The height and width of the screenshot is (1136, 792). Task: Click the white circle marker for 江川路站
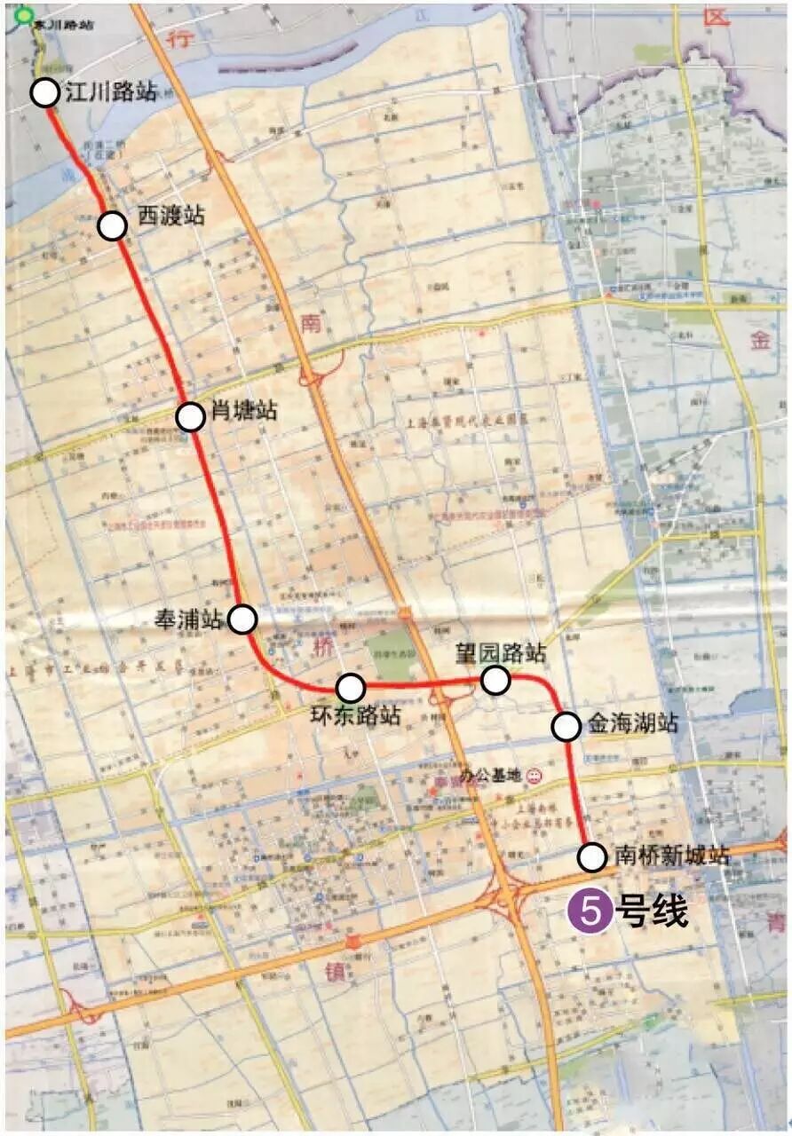[45, 92]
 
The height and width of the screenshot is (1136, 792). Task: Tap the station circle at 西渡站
[112, 226]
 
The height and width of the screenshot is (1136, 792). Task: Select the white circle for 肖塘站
[191, 415]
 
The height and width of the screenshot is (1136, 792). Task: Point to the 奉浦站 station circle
[242, 619]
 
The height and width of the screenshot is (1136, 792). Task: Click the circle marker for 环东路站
[351, 688]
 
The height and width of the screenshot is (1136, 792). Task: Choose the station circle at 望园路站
[495, 681]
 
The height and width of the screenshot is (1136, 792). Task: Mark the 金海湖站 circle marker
[566, 726]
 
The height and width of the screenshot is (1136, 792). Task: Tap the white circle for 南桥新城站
[592, 857]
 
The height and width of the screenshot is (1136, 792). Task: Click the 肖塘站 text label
[243, 412]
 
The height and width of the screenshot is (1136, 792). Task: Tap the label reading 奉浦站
[191, 619]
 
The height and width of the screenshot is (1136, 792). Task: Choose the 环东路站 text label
[356, 715]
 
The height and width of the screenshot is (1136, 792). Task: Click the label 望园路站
[500, 654]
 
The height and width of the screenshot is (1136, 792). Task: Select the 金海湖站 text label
[632, 723]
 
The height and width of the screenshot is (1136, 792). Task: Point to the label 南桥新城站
[672, 856]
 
